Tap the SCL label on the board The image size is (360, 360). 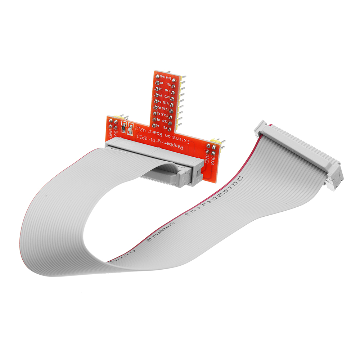[168, 83]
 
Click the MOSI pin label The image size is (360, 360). [166, 103]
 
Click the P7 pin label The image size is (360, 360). [162, 82]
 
